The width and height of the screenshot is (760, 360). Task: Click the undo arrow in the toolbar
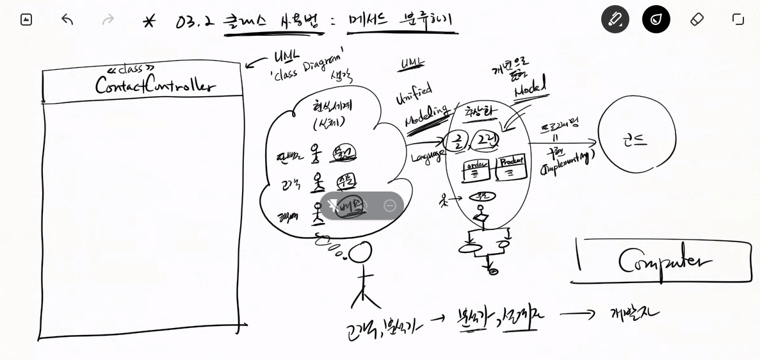[67, 20]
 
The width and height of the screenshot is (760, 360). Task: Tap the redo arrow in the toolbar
[108, 20]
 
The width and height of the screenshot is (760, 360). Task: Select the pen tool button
[615, 19]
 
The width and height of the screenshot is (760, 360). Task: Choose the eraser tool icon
[697, 19]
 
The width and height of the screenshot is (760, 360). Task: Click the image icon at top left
[26, 20]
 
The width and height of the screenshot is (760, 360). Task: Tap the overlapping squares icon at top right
[738, 19]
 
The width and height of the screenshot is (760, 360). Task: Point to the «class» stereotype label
[131, 69]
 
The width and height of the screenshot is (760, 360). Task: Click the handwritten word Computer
[665, 261]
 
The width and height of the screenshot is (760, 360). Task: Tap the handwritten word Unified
[414, 94]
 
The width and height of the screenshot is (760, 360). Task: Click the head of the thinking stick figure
[360, 252]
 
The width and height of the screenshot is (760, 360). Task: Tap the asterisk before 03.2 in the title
[149, 22]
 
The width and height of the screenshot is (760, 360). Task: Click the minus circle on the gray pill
[389, 206]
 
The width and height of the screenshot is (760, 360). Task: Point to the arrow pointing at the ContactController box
[257, 61]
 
